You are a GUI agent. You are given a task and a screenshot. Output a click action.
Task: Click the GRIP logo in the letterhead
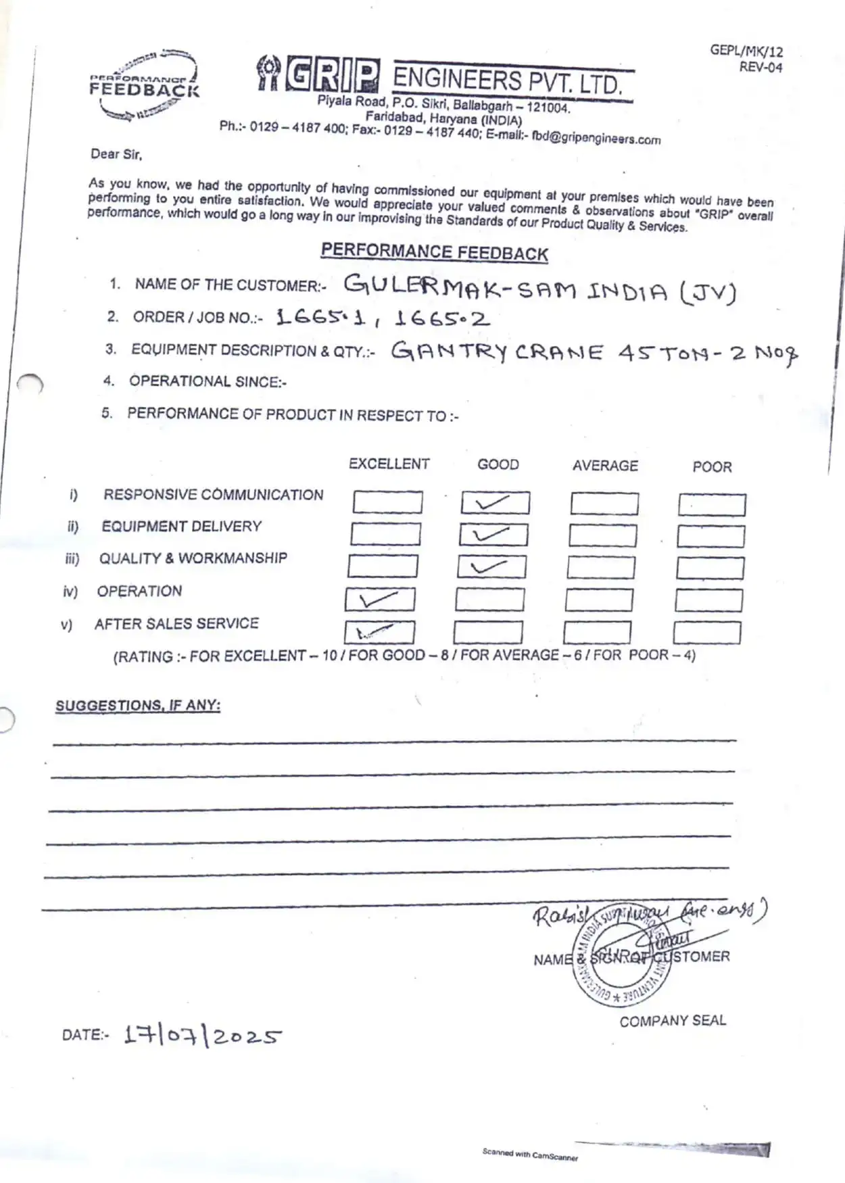pyautogui.click(x=318, y=75)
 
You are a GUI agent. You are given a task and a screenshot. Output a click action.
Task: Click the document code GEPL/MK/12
pyautogui.click(x=746, y=51)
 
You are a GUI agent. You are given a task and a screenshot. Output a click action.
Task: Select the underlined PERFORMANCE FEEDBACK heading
pyautogui.click(x=434, y=252)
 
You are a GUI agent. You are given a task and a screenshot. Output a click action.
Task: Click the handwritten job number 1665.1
pyautogui.click(x=321, y=317)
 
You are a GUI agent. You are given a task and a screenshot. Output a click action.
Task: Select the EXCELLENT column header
pyautogui.click(x=389, y=464)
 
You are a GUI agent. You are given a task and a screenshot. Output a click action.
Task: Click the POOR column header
pyautogui.click(x=712, y=466)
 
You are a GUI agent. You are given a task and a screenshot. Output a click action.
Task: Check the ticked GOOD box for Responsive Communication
pyautogui.click(x=496, y=503)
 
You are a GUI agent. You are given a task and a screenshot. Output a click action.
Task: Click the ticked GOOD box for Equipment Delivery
pyautogui.click(x=493, y=535)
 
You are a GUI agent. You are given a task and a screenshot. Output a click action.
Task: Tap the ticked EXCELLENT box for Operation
pyautogui.click(x=380, y=600)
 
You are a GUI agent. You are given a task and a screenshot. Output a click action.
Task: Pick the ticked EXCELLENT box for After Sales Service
pyautogui.click(x=379, y=632)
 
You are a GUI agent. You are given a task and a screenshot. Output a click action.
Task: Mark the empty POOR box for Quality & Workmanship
pyautogui.click(x=710, y=569)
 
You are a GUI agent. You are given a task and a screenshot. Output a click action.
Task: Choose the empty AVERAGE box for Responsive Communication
pyautogui.click(x=604, y=504)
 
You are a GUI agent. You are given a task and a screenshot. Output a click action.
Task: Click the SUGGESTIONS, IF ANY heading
pyautogui.click(x=138, y=705)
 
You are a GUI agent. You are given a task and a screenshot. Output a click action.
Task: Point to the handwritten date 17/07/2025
pyautogui.click(x=203, y=1036)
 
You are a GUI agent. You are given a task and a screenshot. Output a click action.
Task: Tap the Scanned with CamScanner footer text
pyautogui.click(x=530, y=1154)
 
